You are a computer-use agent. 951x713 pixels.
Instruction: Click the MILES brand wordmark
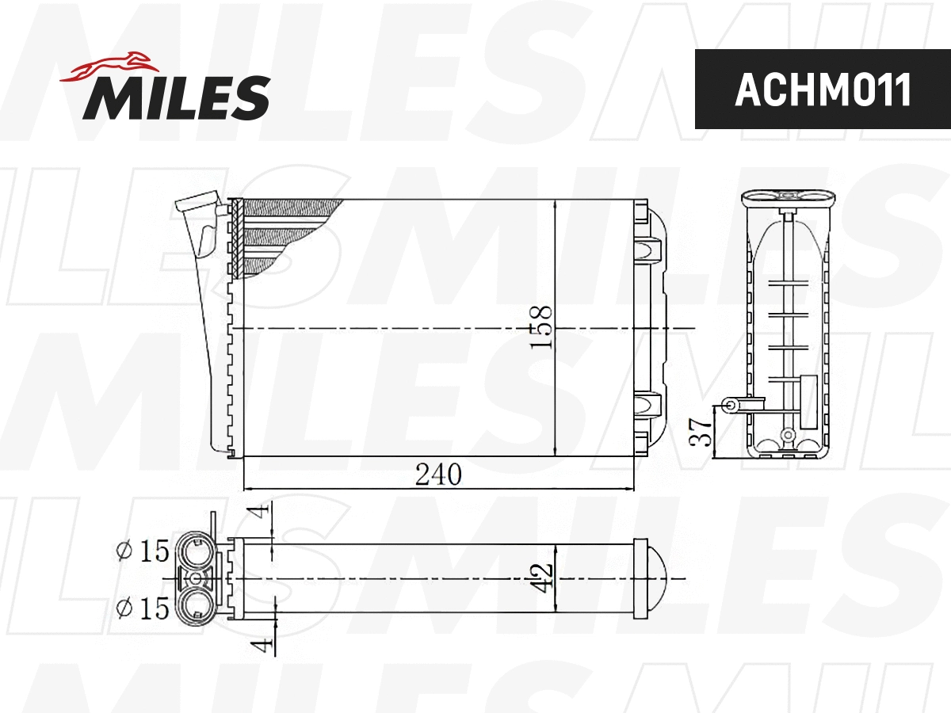176,97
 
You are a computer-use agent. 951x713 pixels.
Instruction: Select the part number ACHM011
823,90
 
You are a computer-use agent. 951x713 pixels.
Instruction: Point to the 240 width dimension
437,475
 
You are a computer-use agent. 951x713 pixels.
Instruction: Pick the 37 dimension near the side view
701,431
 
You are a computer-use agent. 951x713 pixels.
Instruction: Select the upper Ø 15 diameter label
143,551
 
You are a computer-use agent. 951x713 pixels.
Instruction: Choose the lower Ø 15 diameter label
143,608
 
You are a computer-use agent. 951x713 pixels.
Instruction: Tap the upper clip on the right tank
648,249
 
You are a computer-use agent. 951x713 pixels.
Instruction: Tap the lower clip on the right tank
648,405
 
